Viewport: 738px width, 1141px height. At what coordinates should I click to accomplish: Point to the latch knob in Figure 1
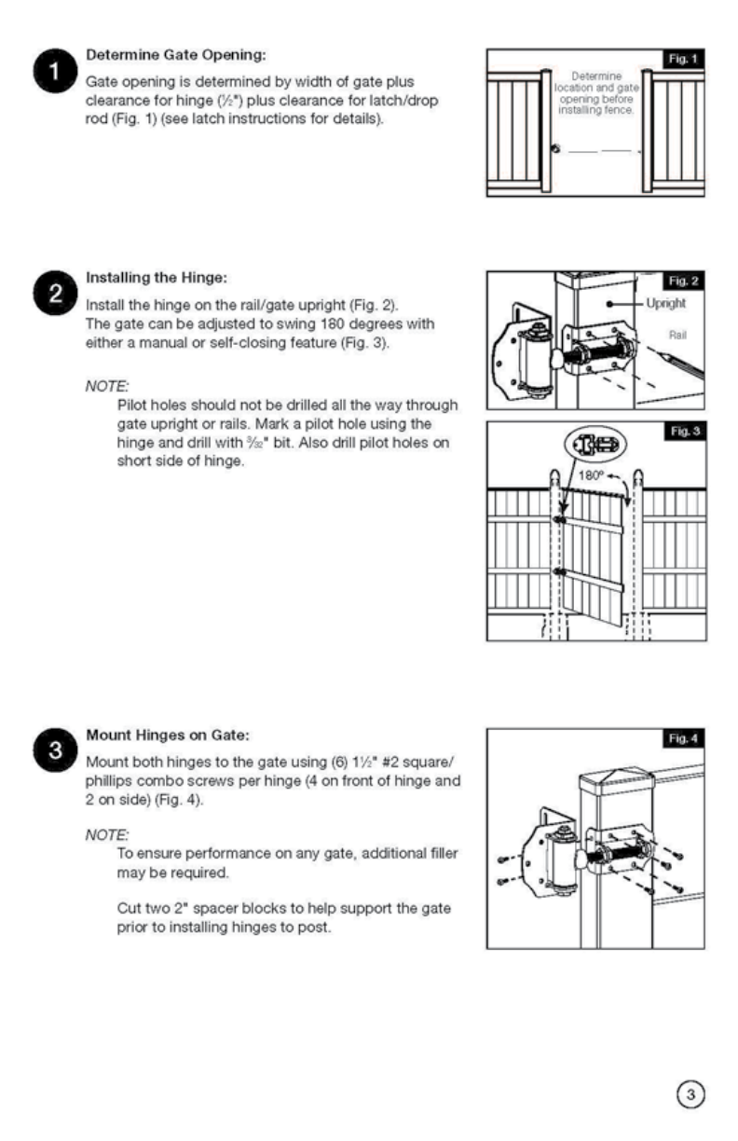coord(556,149)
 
